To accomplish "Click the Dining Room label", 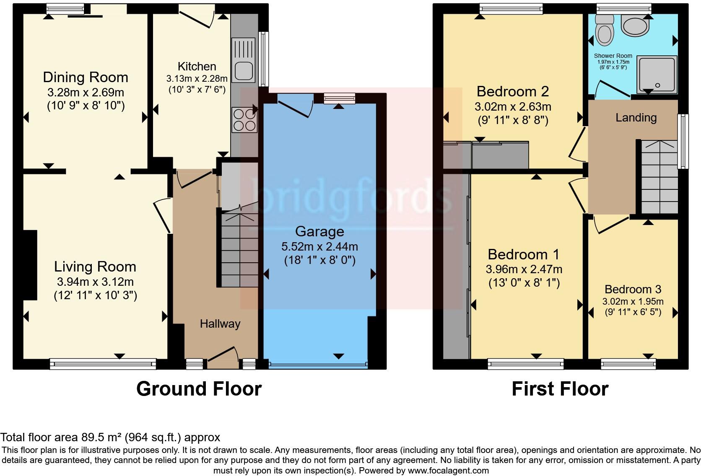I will [x=86, y=78].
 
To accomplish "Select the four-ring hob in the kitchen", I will [x=244, y=120].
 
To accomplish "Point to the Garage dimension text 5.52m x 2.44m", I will [x=319, y=246].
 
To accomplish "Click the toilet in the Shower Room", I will [x=605, y=30].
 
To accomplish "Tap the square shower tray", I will [x=657, y=75].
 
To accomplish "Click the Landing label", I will [x=636, y=118].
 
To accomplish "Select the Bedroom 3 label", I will [x=633, y=289].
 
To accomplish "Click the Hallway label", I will [x=220, y=323].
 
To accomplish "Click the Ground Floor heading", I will [x=199, y=389].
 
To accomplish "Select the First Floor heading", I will [x=560, y=389].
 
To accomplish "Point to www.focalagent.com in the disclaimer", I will [x=448, y=471].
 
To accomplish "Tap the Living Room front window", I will [x=103, y=364].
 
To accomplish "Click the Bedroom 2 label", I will [x=512, y=91].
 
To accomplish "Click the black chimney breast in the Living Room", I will [x=30, y=265].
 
